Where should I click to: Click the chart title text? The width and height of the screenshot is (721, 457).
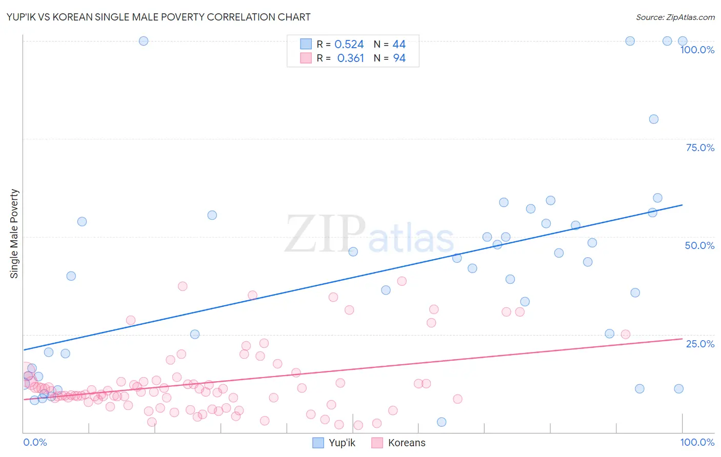click(158, 17)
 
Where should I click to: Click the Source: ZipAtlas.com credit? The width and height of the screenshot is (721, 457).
click(675, 17)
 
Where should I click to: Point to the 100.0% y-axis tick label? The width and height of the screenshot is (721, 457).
click(697, 50)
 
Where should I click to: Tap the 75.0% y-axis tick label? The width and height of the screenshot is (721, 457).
click(700, 148)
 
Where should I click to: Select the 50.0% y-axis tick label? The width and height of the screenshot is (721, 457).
click(699, 245)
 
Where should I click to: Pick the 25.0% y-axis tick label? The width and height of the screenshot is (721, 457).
click(700, 344)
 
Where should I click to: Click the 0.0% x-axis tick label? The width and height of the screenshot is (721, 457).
click(35, 442)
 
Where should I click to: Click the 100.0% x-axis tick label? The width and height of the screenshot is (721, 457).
click(697, 442)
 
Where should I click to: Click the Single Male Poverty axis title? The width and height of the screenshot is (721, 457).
click(14, 234)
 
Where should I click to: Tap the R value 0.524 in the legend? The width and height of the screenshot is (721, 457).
click(349, 45)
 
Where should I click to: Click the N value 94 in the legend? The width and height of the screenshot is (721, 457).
click(399, 58)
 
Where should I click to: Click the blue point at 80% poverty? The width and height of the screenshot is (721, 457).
click(653, 119)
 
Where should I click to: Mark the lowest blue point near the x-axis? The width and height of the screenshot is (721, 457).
click(442, 422)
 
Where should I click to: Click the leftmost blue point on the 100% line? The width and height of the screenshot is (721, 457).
click(144, 41)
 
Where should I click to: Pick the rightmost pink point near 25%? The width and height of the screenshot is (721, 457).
click(625, 335)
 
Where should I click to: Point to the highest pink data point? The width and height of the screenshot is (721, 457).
click(402, 281)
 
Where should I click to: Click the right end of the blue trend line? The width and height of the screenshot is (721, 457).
click(682, 205)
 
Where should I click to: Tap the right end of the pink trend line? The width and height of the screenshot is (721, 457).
click(682, 339)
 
